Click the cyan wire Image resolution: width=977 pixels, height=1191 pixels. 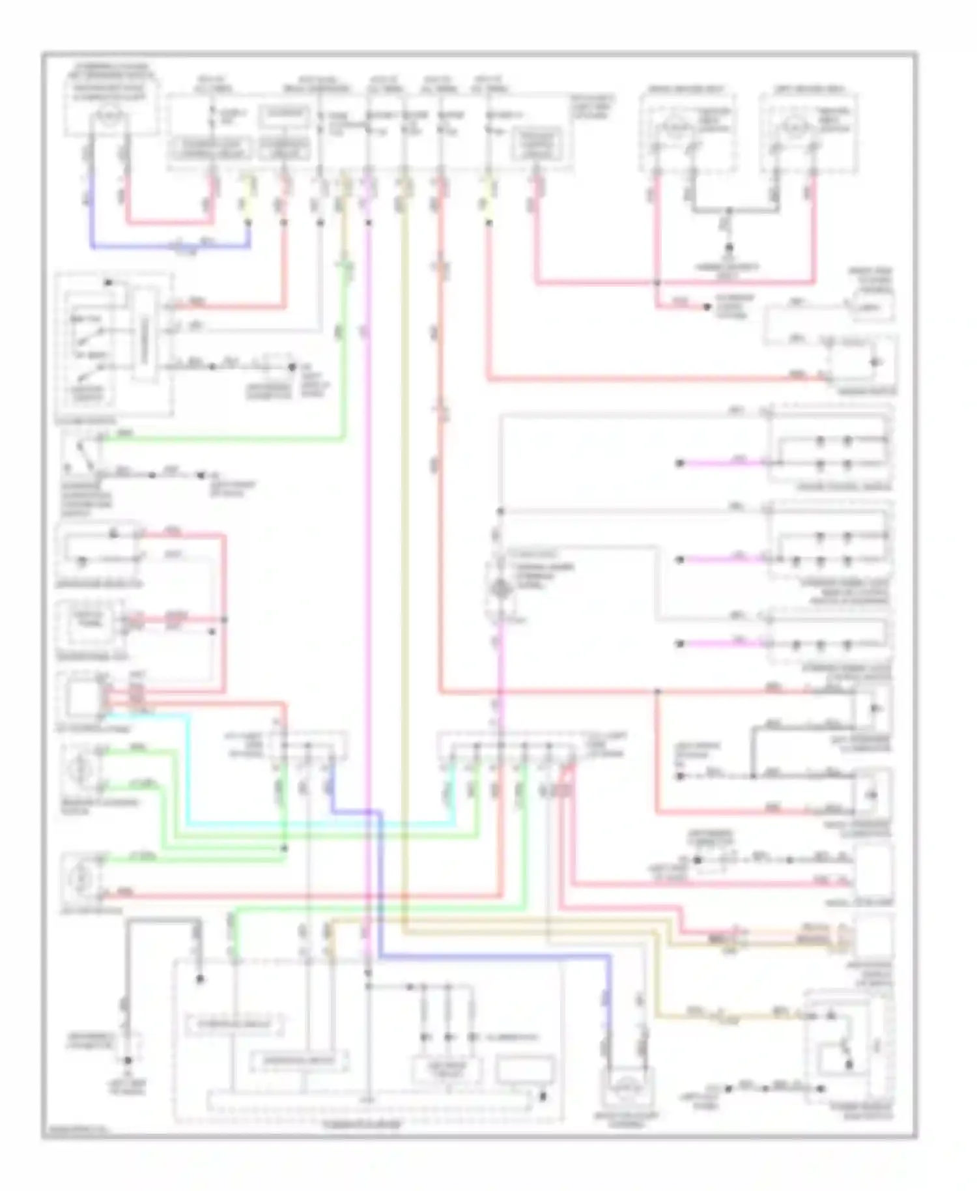pos(189,769)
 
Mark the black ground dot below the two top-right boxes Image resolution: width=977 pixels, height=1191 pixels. pos(729,248)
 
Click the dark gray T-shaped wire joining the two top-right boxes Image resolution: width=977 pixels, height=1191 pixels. pos(729,210)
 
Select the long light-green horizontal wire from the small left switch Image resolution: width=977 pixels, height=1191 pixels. pos(221,439)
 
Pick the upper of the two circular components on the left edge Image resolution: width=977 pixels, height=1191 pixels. pos(81,769)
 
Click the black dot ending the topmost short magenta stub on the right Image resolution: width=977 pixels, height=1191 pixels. pos(679,463)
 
